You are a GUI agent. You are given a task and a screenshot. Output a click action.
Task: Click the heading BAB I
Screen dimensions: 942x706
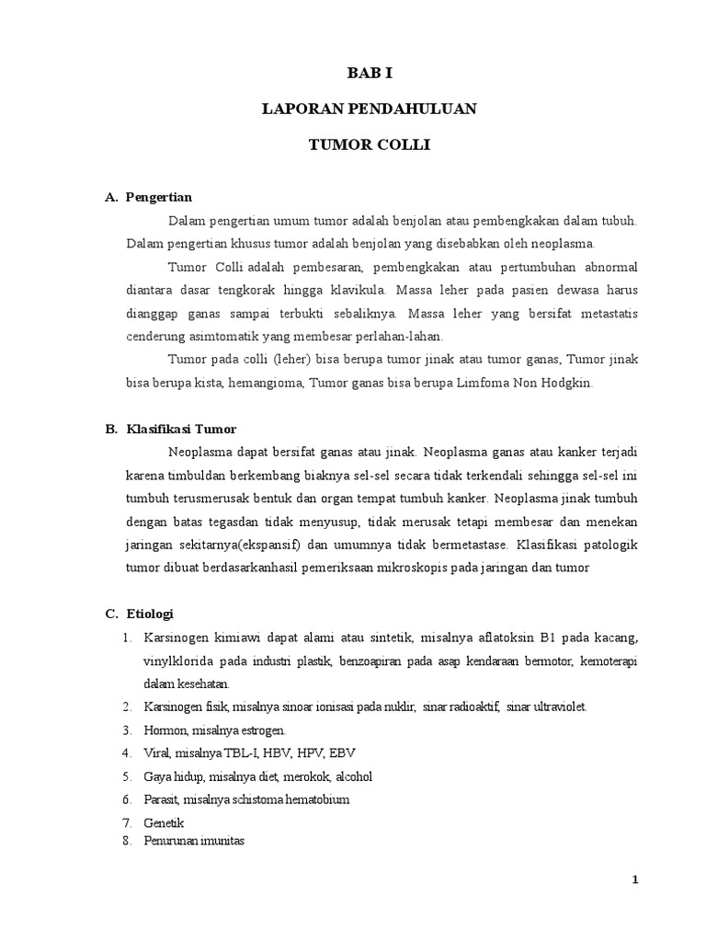pos(369,71)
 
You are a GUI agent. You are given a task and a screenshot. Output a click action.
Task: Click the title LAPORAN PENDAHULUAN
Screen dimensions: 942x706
pos(369,109)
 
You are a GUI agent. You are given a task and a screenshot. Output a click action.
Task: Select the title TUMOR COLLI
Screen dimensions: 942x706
pos(369,146)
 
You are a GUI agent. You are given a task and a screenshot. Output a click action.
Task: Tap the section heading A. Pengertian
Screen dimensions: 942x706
pos(149,197)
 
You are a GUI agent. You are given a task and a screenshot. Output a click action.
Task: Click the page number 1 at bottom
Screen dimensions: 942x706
pos(634,879)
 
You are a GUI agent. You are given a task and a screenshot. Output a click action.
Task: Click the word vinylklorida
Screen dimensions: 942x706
pos(178,661)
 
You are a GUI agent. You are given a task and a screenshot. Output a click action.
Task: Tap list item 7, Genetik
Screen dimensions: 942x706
pos(164,822)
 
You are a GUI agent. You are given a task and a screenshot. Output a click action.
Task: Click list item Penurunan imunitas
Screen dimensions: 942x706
pos(193,841)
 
